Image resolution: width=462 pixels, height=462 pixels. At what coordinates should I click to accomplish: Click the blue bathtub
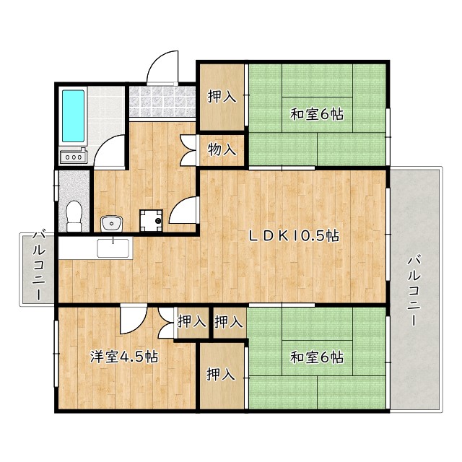click(73, 115)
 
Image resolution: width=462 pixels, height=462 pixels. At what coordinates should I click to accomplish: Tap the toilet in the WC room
click(73, 214)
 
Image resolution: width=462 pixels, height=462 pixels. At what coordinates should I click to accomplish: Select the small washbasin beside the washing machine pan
click(110, 222)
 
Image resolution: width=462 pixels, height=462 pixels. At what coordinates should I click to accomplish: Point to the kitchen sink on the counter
click(114, 248)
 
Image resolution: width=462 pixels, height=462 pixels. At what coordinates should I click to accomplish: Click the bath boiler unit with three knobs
click(73, 156)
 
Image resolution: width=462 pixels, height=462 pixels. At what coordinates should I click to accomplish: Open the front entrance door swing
click(162, 68)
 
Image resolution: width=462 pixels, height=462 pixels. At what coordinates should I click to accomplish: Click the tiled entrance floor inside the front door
click(162, 102)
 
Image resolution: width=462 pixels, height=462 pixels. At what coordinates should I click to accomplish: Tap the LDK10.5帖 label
click(295, 235)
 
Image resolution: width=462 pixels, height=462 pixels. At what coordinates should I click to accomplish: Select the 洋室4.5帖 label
click(124, 357)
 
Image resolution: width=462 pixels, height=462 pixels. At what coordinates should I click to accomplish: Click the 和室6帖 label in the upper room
click(317, 114)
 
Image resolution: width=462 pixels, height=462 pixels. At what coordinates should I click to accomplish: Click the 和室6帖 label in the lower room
click(317, 357)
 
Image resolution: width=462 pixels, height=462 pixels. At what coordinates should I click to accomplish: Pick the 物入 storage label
click(222, 150)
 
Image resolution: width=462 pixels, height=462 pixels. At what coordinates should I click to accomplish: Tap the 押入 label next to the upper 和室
click(222, 97)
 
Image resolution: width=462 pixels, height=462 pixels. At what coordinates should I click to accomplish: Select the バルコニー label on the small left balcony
click(38, 267)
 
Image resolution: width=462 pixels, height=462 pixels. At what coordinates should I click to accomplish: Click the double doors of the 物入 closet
click(190, 150)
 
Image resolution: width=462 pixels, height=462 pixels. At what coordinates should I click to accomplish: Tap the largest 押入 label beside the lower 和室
click(221, 375)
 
